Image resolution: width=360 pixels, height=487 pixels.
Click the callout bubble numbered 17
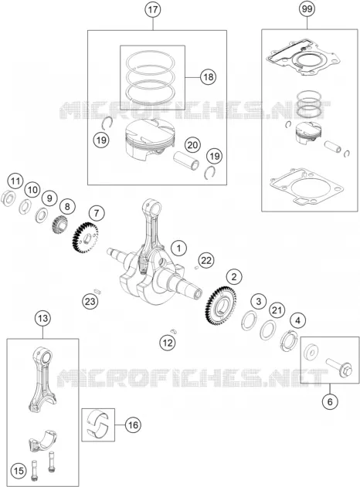click(153, 9)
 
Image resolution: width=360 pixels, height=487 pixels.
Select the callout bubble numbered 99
click(307, 9)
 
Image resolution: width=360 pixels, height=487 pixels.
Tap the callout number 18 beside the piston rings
click(208, 76)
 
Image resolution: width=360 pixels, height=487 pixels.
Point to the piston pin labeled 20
click(186, 161)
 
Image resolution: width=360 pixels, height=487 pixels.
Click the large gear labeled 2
click(221, 306)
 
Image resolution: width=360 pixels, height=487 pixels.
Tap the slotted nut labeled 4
click(288, 340)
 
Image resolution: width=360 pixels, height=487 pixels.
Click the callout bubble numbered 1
click(178, 249)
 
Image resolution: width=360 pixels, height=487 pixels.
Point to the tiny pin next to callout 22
click(196, 267)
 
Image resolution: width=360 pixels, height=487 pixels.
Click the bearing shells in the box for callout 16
click(97, 424)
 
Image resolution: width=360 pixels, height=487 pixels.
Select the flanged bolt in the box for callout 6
click(338, 368)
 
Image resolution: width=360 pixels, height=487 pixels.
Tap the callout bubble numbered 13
click(42, 318)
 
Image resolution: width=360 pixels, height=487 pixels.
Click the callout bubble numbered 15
click(19, 471)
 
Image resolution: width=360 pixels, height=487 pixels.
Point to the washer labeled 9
click(41, 215)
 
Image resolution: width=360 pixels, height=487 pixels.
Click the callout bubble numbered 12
click(168, 343)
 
